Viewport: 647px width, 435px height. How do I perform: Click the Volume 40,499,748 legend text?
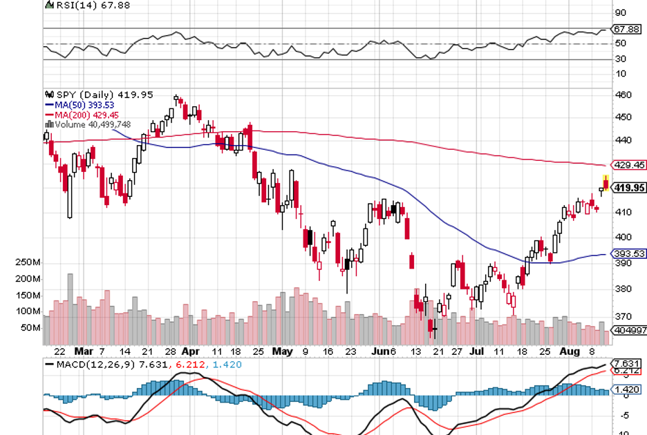(x=91, y=124)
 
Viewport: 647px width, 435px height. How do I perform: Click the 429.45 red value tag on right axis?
(x=629, y=165)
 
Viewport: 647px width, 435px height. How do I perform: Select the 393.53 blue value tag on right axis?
(x=629, y=254)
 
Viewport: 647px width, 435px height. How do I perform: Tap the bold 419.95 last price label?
(x=629, y=187)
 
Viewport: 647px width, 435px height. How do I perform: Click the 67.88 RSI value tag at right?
(x=628, y=30)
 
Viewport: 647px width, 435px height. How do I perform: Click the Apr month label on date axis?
(x=190, y=351)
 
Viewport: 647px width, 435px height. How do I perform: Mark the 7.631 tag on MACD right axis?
(x=628, y=363)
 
